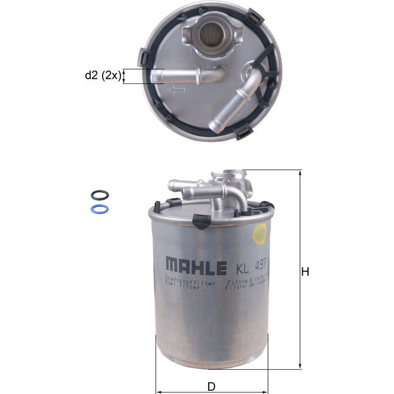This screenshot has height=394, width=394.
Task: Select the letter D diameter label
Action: [211, 386]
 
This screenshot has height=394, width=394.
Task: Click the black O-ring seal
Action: [98, 195]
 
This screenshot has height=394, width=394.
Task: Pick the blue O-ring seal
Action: [98, 209]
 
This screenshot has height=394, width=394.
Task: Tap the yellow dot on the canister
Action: [260, 232]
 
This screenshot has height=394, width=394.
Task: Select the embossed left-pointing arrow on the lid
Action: [176, 90]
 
